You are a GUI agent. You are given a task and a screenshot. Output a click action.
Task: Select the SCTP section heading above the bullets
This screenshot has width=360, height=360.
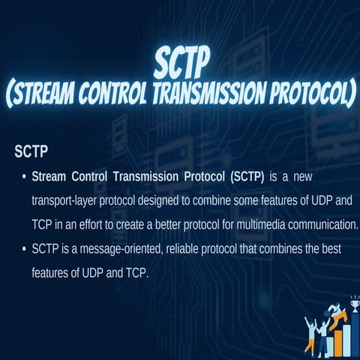coord(31,152)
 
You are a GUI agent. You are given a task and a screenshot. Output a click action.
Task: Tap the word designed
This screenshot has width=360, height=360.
coord(164,200)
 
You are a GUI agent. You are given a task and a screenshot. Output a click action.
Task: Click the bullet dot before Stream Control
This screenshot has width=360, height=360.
coord(24,178)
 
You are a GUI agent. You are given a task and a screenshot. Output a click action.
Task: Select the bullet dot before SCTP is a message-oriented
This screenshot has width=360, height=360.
coord(24,248)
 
